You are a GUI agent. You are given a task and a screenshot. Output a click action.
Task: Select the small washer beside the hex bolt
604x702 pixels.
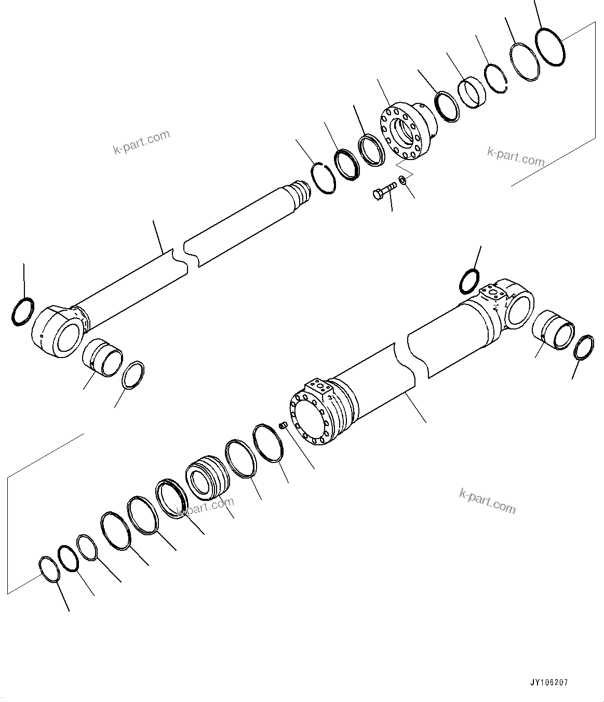(x=402, y=180)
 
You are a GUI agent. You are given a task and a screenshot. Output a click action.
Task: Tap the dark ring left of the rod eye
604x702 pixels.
(x=22, y=312)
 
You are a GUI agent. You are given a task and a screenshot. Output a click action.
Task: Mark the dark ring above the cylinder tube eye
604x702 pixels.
(x=469, y=281)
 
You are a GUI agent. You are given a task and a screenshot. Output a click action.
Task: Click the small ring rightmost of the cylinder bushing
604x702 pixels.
(x=584, y=347)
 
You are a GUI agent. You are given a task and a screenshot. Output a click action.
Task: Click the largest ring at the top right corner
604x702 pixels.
(x=549, y=47)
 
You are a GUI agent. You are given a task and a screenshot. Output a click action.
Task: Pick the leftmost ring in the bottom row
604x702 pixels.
(x=49, y=569)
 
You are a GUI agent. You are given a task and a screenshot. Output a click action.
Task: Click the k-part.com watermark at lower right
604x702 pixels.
(x=487, y=501)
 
